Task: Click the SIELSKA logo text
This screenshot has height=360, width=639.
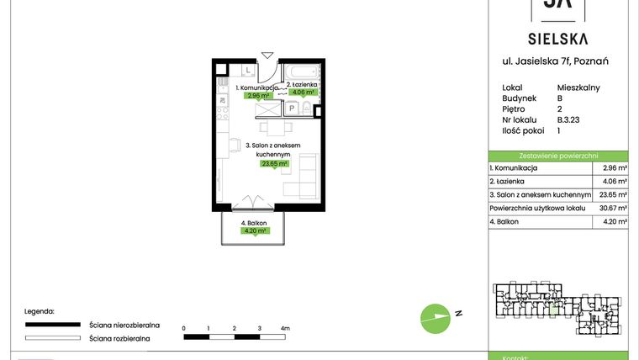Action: click(x=558, y=39)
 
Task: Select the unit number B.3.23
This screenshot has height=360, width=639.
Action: click(x=569, y=119)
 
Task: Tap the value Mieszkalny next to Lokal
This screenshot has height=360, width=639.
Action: click(x=578, y=87)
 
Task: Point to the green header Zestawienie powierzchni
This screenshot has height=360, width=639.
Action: click(x=558, y=156)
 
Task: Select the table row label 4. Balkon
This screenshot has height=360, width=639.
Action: click(x=504, y=221)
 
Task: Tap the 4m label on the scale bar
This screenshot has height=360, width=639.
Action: click(x=285, y=328)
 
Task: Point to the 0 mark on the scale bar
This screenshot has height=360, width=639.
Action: click(x=183, y=328)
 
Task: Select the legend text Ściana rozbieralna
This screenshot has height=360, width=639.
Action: click(x=119, y=338)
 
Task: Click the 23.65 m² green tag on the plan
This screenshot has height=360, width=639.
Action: click(x=275, y=164)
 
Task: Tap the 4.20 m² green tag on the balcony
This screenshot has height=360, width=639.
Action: click(x=255, y=230)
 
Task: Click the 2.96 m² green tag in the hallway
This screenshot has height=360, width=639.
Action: click(x=257, y=96)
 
